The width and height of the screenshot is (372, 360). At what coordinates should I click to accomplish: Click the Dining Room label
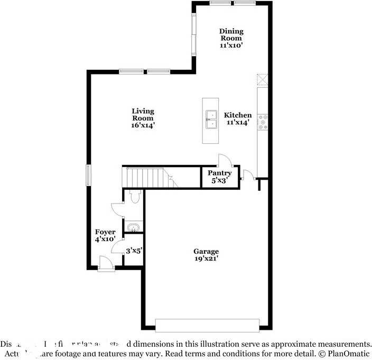[231, 38]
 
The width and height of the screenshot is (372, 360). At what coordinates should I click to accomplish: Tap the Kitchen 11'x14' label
[238, 118]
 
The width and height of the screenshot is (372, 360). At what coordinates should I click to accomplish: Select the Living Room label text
[143, 118]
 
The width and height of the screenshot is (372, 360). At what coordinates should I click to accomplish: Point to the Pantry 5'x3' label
[219, 177]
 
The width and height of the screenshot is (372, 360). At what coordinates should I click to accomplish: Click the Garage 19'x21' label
[206, 255]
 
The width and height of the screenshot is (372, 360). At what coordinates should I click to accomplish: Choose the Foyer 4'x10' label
[105, 236]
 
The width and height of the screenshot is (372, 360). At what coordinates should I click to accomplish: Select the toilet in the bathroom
[134, 197]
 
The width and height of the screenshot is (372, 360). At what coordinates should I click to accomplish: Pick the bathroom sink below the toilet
[133, 228]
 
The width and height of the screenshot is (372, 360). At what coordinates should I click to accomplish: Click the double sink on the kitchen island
[212, 120]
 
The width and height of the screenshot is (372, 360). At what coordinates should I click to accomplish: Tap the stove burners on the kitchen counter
[263, 122]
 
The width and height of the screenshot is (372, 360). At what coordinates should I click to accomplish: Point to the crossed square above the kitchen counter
[263, 79]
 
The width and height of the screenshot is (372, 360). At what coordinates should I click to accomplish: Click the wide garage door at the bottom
[207, 325]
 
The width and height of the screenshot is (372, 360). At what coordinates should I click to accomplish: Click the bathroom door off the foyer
[117, 210]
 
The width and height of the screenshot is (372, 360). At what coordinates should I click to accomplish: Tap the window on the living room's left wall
[89, 175]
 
